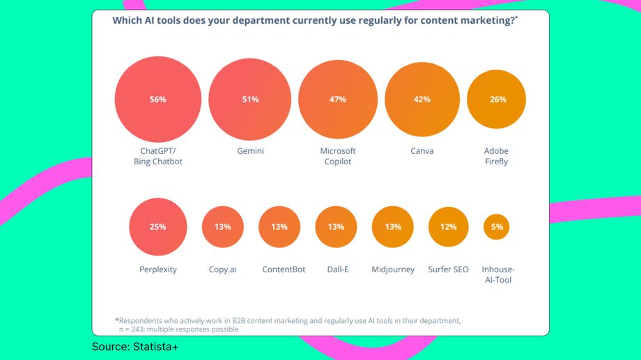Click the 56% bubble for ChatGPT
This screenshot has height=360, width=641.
(158, 100)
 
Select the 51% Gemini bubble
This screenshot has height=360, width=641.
(250, 100)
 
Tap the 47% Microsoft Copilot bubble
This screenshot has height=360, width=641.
(338, 100)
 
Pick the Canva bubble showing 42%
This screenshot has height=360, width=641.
(422, 100)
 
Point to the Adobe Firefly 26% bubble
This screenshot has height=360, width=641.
(497, 100)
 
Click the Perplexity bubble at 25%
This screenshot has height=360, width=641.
(158, 227)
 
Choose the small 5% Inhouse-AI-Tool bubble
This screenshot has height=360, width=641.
(497, 227)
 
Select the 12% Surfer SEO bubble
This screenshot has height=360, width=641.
(448, 227)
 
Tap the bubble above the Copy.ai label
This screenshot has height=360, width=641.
(223, 227)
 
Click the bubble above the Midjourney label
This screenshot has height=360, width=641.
(393, 227)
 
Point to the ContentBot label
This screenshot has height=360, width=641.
(284, 269)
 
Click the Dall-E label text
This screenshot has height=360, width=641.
(338, 269)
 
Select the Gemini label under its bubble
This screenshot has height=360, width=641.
(250, 151)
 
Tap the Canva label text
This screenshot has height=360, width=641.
(422, 151)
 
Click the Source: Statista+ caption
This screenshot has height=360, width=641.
(135, 346)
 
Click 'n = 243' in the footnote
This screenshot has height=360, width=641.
(133, 329)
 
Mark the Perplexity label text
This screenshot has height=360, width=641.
(158, 269)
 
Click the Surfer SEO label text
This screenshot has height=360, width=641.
(448, 269)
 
